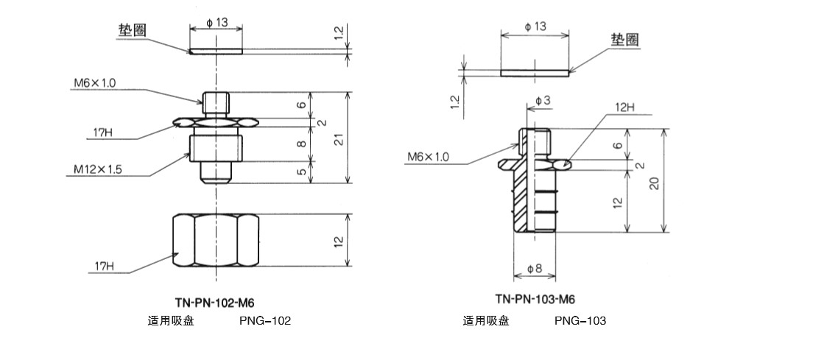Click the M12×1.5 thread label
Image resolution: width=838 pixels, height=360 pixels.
click(98, 169)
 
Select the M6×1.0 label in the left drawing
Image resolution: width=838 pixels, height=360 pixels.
click(94, 82)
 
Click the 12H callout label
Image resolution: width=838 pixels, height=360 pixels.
click(621, 107)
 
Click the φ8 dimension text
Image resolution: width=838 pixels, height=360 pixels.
click(535, 270)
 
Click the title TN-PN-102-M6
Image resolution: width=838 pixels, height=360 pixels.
click(215, 302)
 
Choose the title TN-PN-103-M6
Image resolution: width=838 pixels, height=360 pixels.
click(535, 299)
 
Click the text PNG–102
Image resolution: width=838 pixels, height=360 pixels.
click(265, 321)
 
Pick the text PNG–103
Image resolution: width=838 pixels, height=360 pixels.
click(580, 321)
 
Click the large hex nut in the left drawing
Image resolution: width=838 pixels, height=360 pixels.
click(215, 240)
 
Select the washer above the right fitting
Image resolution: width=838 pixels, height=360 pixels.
click(535, 73)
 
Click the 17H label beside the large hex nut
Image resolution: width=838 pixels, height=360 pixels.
click(103, 265)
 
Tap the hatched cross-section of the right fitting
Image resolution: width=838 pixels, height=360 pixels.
click(521, 199)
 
